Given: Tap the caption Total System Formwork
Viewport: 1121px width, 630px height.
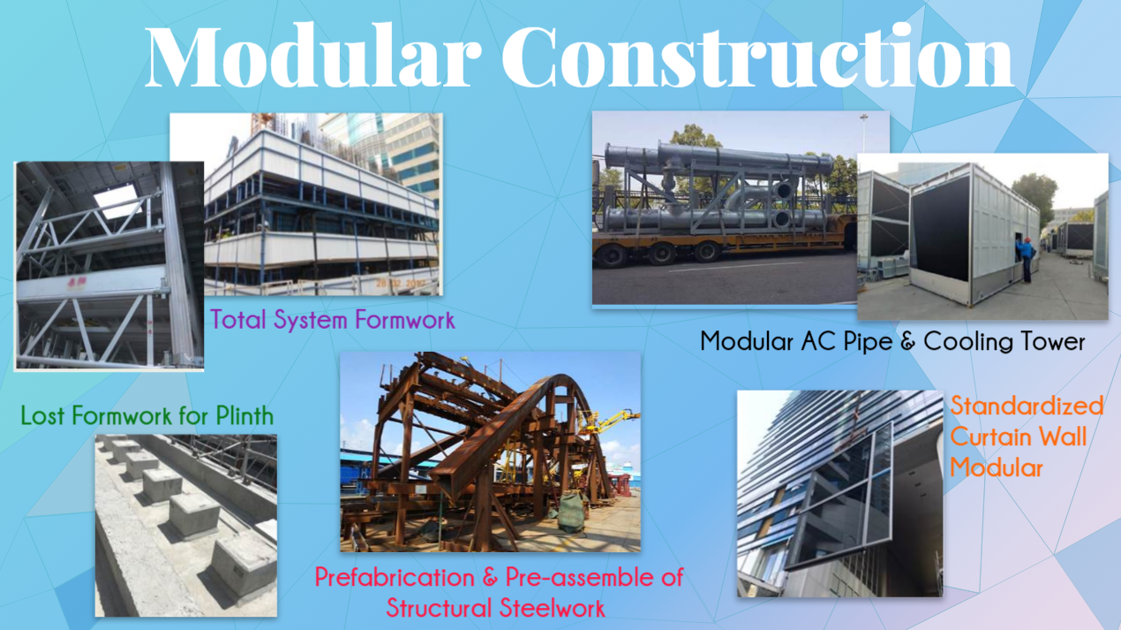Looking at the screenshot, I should tap(332, 319).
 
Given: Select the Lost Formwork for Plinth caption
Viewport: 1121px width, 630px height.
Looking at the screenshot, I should tap(147, 415).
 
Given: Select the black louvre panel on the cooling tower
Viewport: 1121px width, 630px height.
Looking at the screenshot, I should tap(939, 229).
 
